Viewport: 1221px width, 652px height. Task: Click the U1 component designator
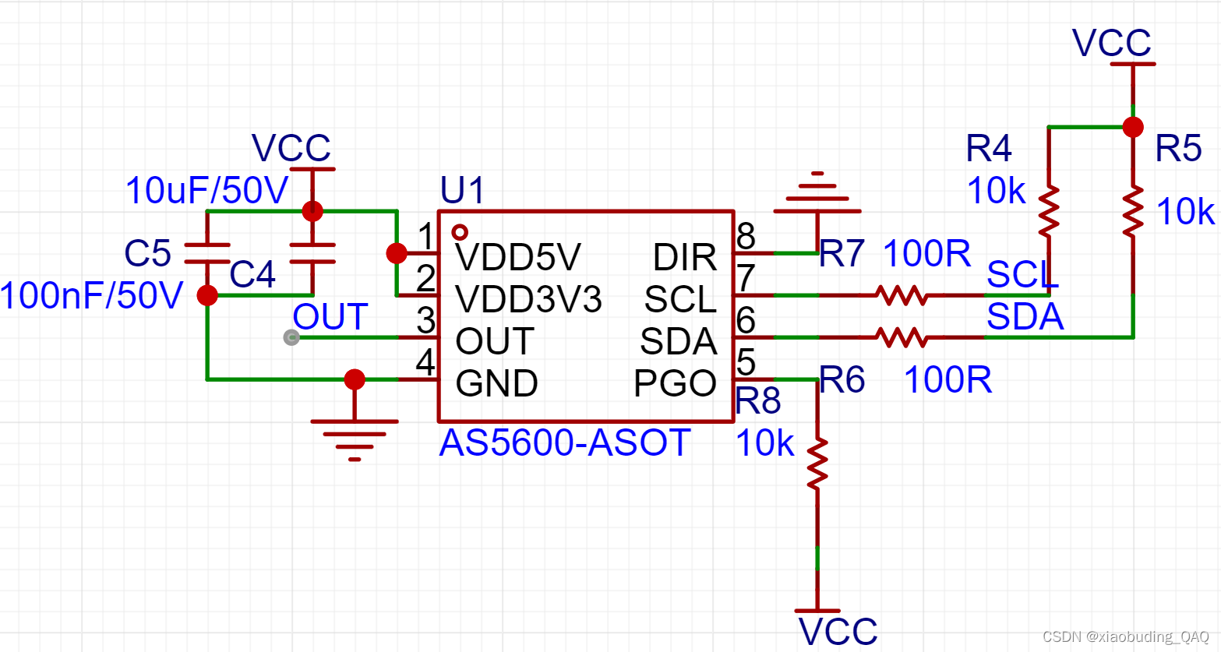462,191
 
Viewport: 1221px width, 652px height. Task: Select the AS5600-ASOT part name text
565,443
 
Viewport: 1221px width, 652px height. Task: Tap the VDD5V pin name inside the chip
518,257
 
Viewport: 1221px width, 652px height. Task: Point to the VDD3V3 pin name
528,299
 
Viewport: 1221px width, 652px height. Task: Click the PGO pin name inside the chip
675,383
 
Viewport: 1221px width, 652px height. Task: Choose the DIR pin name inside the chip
684,257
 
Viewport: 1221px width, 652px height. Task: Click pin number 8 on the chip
746,234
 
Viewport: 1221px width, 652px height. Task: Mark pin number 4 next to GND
425,361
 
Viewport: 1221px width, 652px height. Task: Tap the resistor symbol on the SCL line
901,295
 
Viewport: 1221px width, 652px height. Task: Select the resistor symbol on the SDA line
901,337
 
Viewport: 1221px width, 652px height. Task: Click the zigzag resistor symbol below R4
1049,210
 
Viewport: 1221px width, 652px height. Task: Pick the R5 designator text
1178,148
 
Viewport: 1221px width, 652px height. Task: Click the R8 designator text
758,401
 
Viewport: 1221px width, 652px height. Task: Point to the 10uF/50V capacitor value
206,191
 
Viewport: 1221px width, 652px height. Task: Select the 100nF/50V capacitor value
92,296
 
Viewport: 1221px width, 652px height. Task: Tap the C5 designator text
147,253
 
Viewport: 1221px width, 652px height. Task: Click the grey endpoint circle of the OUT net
291,337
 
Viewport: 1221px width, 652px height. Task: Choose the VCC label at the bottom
838,632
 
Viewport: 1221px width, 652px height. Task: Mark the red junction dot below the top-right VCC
1133,127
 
